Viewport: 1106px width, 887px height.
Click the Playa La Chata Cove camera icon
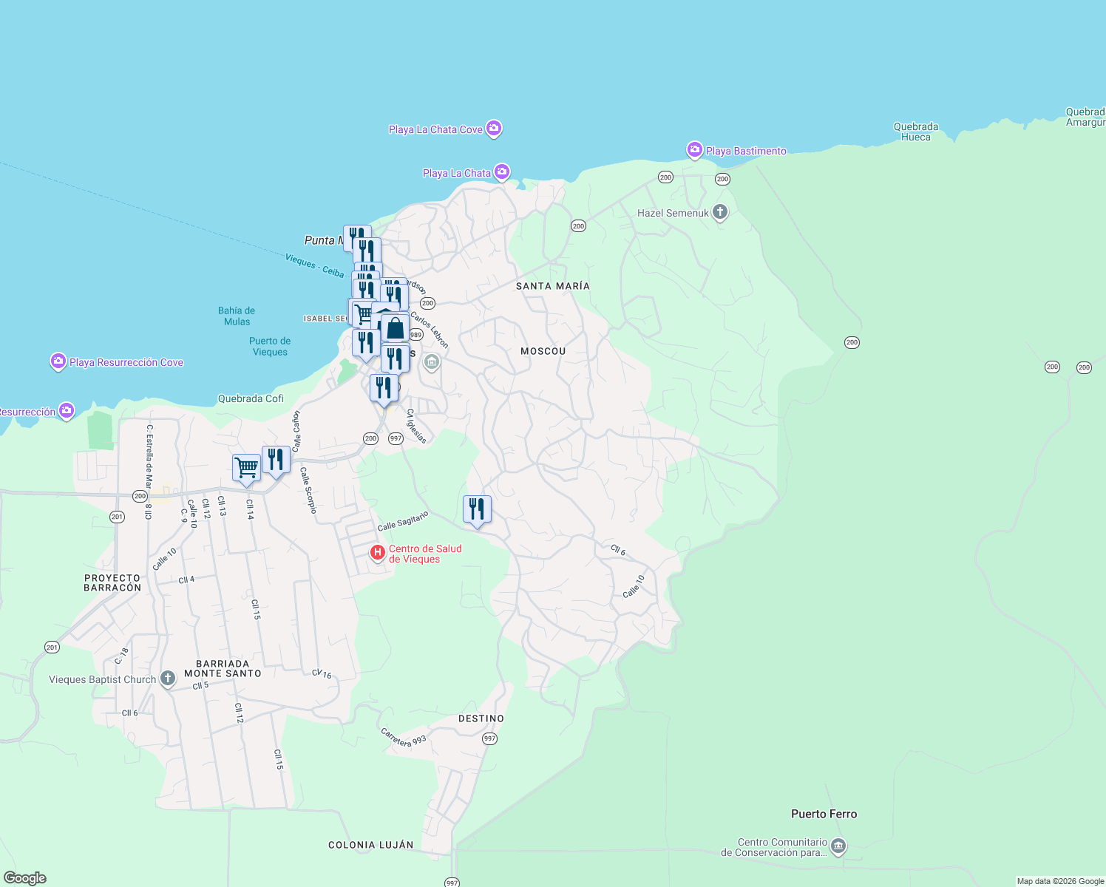494,129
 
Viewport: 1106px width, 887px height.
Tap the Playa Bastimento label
745,151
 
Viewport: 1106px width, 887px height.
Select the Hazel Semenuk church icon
720,213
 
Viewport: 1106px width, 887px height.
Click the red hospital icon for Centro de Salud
378,552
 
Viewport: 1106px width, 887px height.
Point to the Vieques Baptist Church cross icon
168,679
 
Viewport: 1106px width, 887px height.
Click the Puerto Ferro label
824,814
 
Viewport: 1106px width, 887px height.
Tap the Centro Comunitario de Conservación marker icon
838,846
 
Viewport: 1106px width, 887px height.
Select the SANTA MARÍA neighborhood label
553,286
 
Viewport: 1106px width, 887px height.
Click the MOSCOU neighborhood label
543,351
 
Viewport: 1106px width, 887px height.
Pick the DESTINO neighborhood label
481,718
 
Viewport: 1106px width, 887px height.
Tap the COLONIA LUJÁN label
371,845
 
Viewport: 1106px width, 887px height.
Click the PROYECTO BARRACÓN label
112,582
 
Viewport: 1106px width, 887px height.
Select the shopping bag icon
395,329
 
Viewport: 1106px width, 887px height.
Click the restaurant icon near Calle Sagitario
477,509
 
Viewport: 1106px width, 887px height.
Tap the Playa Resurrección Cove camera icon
58,361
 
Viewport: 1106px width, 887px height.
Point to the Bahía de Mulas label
237,316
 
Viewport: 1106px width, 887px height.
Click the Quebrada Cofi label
251,398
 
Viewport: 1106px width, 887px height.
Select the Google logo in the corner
25,877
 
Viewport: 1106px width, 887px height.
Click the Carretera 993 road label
404,737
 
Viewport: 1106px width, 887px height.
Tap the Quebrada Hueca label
915,132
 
